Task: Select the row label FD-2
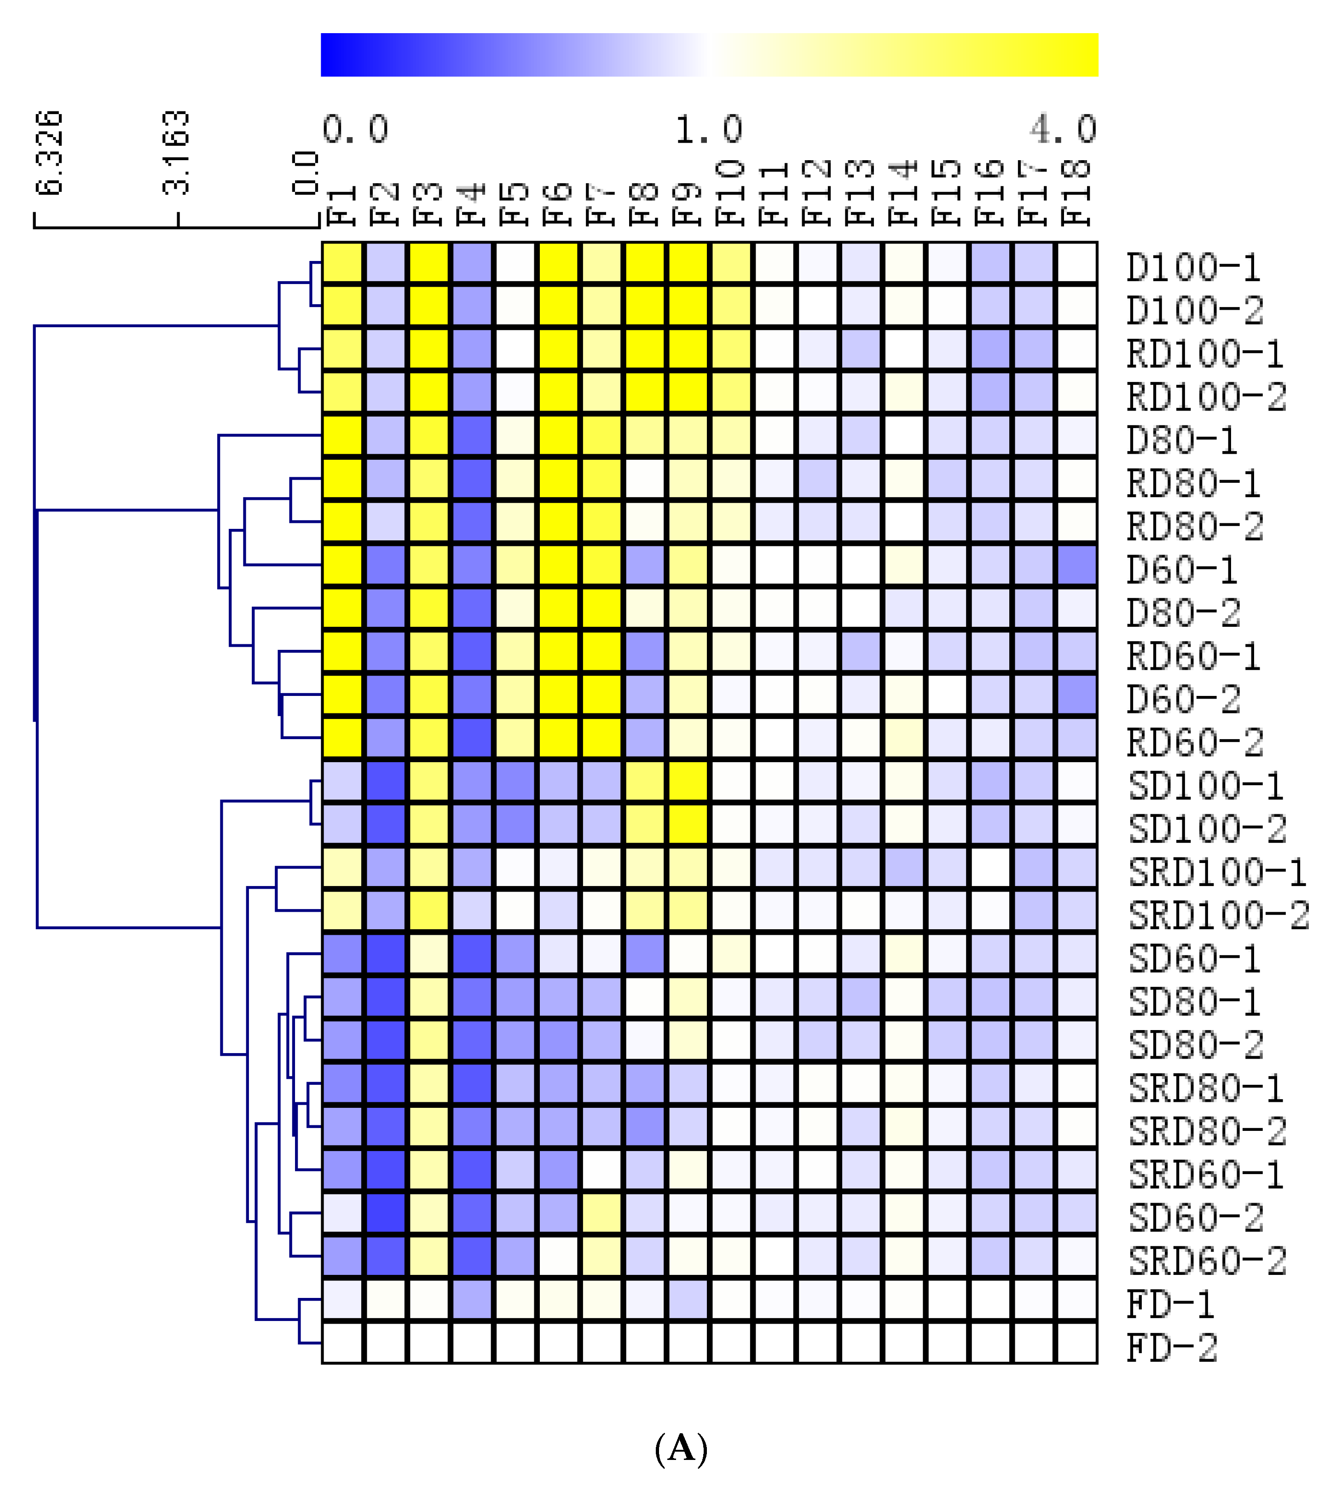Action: pyautogui.click(x=1172, y=1348)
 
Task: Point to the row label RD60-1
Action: pyautogui.click(x=1194, y=656)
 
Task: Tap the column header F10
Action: pyautogui.click(x=731, y=192)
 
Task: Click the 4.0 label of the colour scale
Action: pyautogui.click(x=1063, y=129)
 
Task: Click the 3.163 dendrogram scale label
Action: pyautogui.click(x=176, y=153)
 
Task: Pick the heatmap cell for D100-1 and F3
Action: pyautogui.click(x=429, y=262)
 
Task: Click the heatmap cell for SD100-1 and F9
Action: pyautogui.click(x=688, y=781)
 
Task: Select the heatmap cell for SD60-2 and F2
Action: pyautogui.click(x=385, y=1213)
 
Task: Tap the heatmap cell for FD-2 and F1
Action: pyautogui.click(x=342, y=1343)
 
